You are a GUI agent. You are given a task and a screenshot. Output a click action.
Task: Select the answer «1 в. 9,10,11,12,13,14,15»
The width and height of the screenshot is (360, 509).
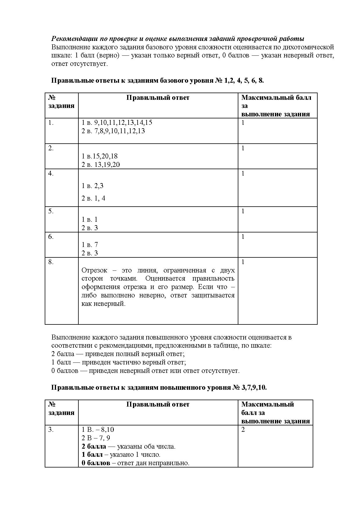click(x=117, y=122)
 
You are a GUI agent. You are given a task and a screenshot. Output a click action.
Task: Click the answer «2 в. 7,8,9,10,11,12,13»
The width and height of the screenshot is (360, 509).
click(x=113, y=131)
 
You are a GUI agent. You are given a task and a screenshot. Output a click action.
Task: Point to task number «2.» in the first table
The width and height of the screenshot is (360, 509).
click(x=51, y=148)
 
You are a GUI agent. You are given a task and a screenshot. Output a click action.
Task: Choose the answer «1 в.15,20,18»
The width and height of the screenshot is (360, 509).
click(x=99, y=156)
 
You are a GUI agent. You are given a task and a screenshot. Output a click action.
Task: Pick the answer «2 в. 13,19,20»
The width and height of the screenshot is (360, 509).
click(x=100, y=165)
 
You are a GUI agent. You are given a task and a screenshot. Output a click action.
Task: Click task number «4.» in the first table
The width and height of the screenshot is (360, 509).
click(x=51, y=174)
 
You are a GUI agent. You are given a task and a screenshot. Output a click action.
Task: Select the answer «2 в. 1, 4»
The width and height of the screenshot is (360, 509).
click(x=93, y=198)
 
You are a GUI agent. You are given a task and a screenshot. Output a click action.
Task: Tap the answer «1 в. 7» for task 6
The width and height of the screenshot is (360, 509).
click(x=89, y=245)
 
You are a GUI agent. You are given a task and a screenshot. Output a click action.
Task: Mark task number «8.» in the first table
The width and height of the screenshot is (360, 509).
click(x=51, y=262)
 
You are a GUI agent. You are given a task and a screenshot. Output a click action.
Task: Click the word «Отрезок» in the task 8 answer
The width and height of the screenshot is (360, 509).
click(x=94, y=270)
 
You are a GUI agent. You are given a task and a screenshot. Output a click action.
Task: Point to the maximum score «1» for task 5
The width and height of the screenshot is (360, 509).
click(x=243, y=211)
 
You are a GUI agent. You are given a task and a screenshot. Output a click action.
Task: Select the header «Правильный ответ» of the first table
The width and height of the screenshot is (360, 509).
click(x=158, y=98)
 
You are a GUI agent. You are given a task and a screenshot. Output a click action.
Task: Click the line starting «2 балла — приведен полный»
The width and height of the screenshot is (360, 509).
click(x=118, y=354)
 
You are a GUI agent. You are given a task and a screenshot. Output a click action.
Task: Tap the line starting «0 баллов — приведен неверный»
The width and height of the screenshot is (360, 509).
click(x=145, y=371)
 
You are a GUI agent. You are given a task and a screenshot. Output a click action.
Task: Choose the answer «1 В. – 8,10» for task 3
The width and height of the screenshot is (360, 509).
click(x=98, y=429)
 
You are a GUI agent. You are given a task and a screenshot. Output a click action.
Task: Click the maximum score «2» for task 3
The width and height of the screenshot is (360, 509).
click(x=243, y=429)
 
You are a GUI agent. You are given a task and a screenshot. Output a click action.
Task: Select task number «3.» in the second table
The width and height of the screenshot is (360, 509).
click(x=51, y=429)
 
